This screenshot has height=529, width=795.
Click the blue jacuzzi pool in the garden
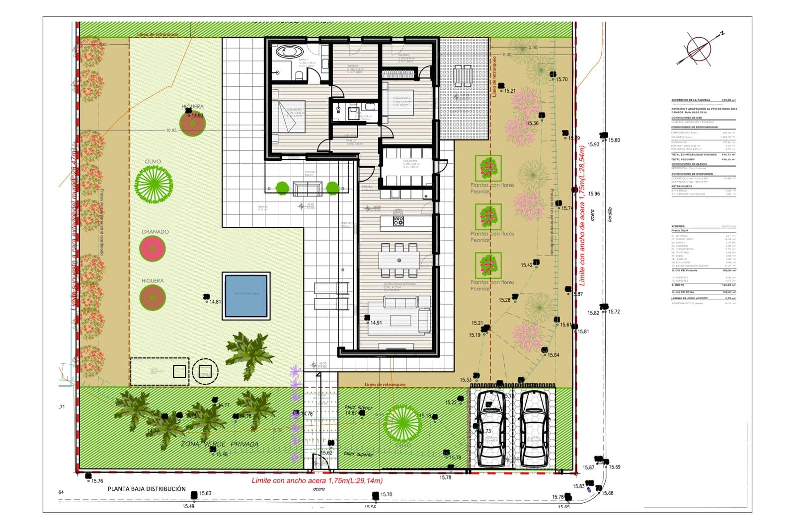247,296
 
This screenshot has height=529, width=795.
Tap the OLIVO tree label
153,162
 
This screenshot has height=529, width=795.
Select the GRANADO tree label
155,232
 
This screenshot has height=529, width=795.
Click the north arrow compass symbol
700,48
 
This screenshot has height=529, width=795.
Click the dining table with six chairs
399,260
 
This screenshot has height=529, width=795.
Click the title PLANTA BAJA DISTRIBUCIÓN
146,489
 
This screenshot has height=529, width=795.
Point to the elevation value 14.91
376,323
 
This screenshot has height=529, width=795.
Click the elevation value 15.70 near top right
561,79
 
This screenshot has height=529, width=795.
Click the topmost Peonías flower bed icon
488,168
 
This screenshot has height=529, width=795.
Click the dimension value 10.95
171,131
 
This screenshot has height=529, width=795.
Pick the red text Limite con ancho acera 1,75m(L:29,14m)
317,481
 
